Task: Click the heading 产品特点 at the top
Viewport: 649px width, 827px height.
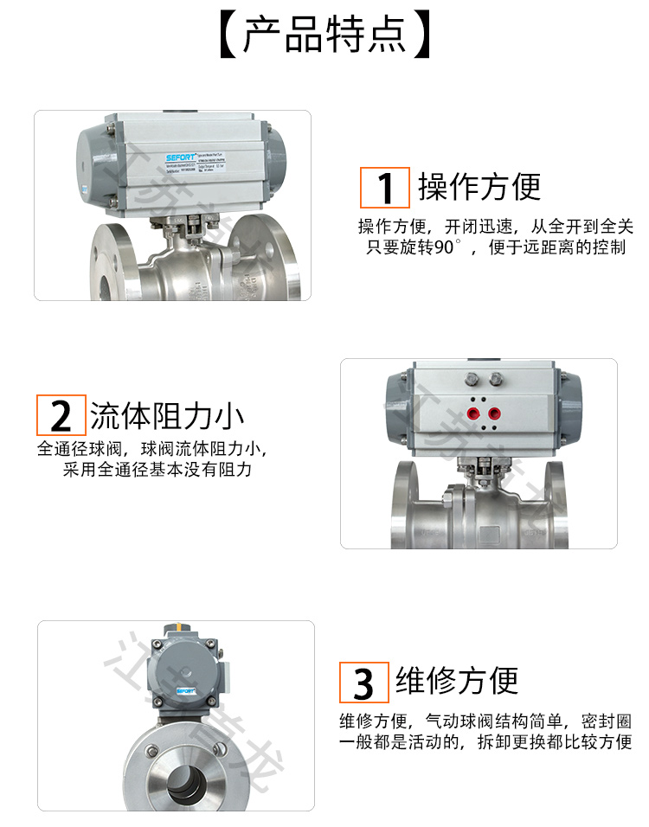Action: tap(324, 35)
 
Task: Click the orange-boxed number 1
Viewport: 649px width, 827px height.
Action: tap(385, 187)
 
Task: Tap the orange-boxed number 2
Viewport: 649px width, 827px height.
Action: tap(61, 416)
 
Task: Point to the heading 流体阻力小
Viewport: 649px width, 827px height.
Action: tap(167, 416)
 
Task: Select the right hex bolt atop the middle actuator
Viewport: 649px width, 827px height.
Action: tap(497, 378)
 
